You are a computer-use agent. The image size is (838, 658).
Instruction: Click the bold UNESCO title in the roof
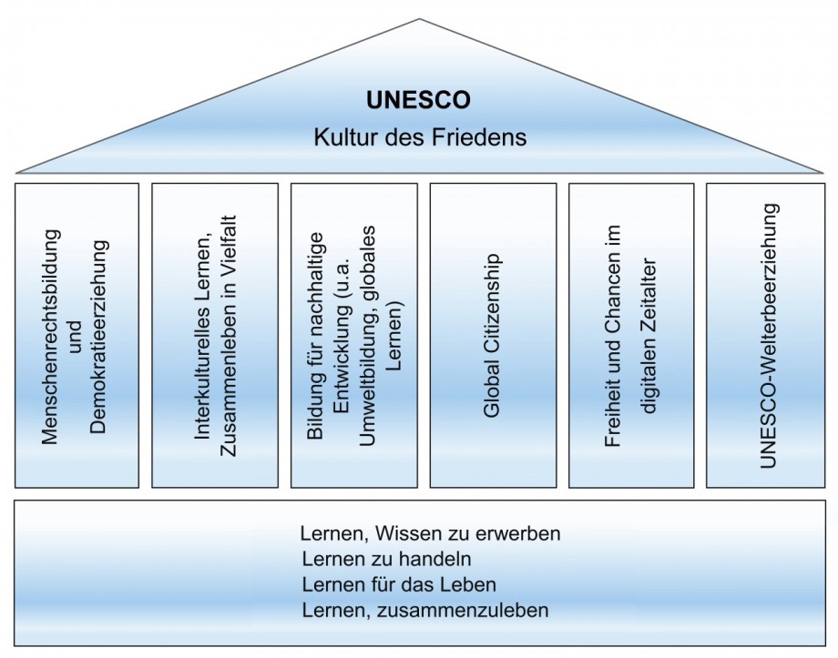(418, 100)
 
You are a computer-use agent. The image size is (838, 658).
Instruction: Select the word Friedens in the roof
(479, 137)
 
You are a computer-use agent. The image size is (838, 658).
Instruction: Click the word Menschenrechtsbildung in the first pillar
(50, 337)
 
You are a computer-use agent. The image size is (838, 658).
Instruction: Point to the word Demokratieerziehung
(99, 337)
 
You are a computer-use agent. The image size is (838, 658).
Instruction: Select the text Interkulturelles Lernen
(202, 329)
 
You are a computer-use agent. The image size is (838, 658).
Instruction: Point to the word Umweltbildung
(368, 380)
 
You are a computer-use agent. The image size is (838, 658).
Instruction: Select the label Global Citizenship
(491, 336)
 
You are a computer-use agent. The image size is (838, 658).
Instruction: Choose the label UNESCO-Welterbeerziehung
(768, 336)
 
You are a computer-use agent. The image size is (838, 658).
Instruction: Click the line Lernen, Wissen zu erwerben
(430, 533)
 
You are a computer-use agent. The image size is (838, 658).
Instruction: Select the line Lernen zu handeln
(386, 559)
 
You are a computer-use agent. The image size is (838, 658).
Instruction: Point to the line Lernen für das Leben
(399, 584)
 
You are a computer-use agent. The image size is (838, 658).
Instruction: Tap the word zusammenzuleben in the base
(463, 610)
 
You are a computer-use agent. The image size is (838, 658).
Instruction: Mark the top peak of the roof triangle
(420, 19)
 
